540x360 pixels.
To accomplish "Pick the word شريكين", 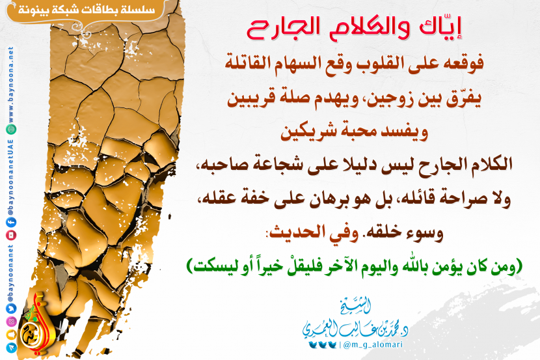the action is coord(308,133).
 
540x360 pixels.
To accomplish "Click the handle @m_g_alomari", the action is coord(373,345).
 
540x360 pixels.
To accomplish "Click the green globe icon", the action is coord(11,129).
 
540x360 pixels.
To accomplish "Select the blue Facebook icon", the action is coord(11,223).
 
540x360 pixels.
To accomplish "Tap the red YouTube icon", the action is coord(11,235).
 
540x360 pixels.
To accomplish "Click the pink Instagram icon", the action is coord(11,322).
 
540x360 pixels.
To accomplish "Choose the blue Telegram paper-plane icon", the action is coord(11,348).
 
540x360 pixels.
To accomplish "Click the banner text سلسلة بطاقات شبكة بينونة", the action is coord(87,9).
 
